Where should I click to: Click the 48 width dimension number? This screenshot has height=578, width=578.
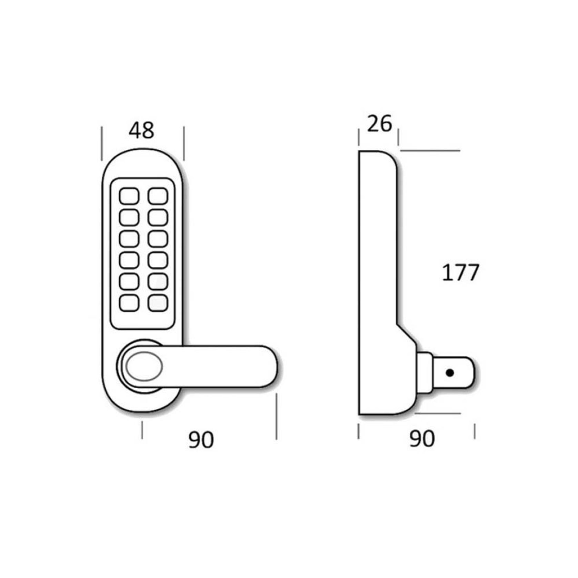coord(141,130)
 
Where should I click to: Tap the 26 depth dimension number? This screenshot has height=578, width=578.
coord(379,124)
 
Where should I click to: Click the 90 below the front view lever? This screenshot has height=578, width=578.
coord(201,440)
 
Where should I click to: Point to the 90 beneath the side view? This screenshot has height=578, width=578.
coord(422,439)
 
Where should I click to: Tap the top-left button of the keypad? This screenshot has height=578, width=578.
coord(129,196)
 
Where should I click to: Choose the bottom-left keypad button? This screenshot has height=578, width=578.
coord(129,303)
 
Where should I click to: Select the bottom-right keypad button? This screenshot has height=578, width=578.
coord(158,303)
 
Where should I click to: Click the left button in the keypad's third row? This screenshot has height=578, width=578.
coord(129,239)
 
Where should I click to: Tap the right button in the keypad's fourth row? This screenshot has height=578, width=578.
coord(158,260)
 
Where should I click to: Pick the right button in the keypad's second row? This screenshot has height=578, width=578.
coord(158,218)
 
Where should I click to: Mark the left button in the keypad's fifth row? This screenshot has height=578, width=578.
coord(129,282)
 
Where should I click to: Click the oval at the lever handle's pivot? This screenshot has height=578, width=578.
coord(144,366)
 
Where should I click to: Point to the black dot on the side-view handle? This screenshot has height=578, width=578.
coord(449,373)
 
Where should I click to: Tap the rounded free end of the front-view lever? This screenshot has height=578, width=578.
coord(269,366)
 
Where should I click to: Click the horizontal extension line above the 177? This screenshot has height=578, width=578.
coord(430,151)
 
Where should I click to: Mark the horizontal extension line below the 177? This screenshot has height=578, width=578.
coord(438,413)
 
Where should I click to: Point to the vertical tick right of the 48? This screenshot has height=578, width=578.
coord(184,143)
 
